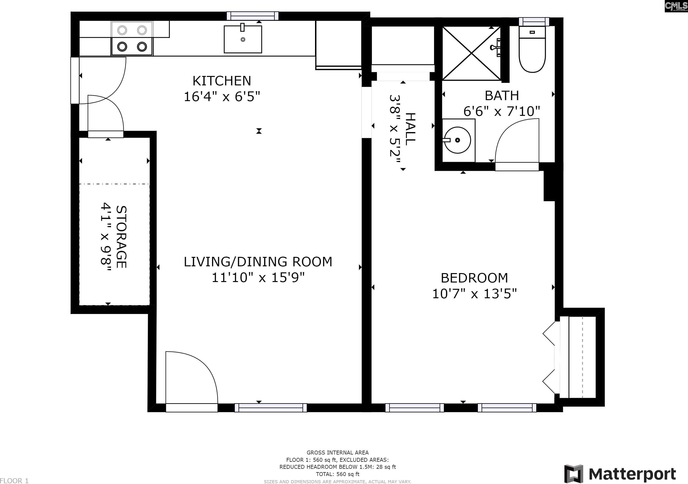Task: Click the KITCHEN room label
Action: click(x=222, y=81)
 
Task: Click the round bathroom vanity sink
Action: click(x=457, y=140)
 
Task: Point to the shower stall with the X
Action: click(x=472, y=53)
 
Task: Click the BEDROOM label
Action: click(x=474, y=278)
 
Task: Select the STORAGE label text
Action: click(x=121, y=237)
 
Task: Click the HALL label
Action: click(x=411, y=129)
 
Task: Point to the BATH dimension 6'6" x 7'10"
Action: click(x=502, y=111)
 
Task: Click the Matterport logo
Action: click(x=620, y=474)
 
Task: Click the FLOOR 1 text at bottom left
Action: click(x=14, y=481)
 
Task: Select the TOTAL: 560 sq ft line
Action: click(x=337, y=474)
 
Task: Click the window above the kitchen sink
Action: click(x=253, y=16)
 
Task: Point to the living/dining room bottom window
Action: click(x=271, y=408)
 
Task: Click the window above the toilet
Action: click(x=534, y=22)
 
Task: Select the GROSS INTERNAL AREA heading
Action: click(x=337, y=453)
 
